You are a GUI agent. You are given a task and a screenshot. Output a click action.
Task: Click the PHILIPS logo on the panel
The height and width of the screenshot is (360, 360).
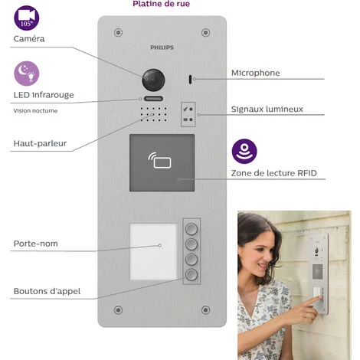[x=162, y=47]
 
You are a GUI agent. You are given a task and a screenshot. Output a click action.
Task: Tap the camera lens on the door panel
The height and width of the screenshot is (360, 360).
[x=153, y=80]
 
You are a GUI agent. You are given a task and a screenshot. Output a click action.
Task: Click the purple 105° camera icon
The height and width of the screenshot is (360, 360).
[x=27, y=18]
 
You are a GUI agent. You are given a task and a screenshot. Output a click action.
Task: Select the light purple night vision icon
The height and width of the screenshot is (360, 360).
[x=27, y=74]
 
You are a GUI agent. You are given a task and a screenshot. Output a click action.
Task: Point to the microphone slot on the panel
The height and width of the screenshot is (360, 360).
[x=190, y=80]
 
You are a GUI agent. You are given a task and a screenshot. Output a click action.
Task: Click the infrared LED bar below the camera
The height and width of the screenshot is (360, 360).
[x=153, y=99]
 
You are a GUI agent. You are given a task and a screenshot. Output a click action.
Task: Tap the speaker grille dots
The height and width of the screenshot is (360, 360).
[x=153, y=114]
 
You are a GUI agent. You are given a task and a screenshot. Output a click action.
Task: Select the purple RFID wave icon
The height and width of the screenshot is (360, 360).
[x=244, y=152]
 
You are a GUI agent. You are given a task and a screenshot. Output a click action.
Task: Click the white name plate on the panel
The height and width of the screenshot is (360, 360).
[x=153, y=252]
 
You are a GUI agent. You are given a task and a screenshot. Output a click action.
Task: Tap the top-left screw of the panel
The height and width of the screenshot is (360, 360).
[x=118, y=33]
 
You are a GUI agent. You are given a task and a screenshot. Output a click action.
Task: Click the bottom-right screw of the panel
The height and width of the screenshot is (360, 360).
[x=206, y=310]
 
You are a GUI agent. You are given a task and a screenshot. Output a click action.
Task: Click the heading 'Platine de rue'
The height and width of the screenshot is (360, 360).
[x=162, y=4]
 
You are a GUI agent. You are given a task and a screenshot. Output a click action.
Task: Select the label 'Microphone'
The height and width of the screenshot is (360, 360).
[x=256, y=73]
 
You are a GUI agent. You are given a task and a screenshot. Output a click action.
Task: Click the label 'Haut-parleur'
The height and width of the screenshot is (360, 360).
[x=40, y=143]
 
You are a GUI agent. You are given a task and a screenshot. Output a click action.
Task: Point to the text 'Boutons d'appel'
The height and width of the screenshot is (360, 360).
[x=47, y=291]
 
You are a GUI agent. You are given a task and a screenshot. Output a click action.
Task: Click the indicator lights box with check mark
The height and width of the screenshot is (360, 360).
[x=188, y=114]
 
